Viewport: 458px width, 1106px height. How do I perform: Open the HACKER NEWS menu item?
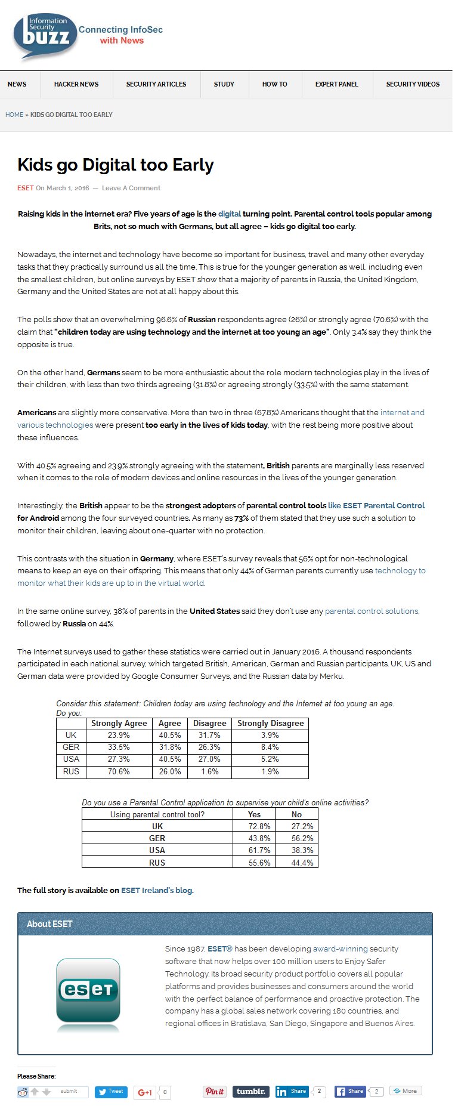(76, 84)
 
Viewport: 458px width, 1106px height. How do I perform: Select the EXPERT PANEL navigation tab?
(336, 84)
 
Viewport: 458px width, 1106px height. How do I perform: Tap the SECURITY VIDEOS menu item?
(413, 84)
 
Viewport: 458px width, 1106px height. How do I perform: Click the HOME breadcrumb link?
(14, 115)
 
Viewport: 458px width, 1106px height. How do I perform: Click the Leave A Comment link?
(131, 188)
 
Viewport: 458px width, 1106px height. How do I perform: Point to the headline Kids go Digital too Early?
(116, 165)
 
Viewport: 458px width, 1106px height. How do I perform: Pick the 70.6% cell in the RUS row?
(119, 772)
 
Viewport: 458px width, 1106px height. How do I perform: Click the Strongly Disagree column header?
(270, 723)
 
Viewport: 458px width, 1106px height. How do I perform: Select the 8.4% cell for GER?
(270, 747)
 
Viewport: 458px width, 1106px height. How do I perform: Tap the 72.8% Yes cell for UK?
(259, 827)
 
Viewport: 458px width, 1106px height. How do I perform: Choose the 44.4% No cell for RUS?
(302, 863)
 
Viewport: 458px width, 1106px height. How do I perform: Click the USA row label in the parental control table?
(157, 851)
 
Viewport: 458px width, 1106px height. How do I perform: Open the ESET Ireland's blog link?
(157, 891)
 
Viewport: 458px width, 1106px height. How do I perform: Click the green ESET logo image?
(88, 990)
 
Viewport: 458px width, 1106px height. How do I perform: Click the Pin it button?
(215, 1092)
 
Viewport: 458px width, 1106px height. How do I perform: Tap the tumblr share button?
(250, 1092)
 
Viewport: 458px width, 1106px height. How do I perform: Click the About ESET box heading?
(49, 924)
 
